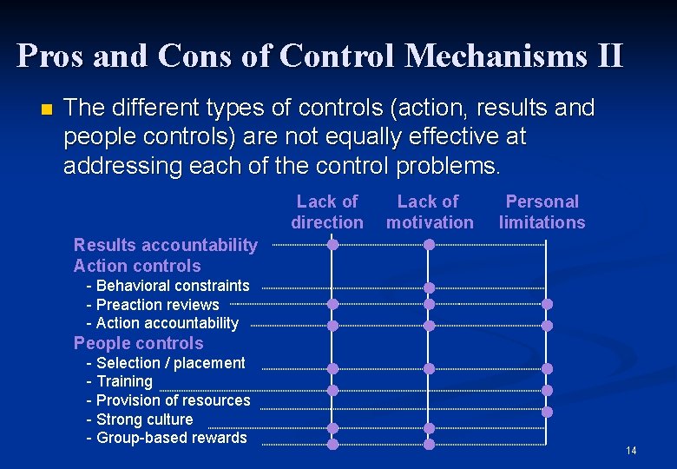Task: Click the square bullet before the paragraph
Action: [x=46, y=109]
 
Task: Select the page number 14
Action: [x=630, y=450]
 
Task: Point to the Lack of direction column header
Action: [x=327, y=212]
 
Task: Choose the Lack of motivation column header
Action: [x=430, y=212]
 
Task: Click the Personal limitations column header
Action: [x=542, y=212]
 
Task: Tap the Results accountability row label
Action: [x=165, y=245]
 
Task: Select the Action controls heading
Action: [x=137, y=266]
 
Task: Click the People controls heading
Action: [x=139, y=343]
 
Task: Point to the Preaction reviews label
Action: [x=157, y=305]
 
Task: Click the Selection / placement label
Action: [x=170, y=363]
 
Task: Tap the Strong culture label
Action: [x=144, y=419]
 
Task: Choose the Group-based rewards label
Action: [x=171, y=438]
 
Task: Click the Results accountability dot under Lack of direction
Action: [x=332, y=245]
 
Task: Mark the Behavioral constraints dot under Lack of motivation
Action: [x=429, y=287]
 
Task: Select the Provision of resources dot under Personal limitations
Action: [x=547, y=412]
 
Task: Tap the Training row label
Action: [x=124, y=381]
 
